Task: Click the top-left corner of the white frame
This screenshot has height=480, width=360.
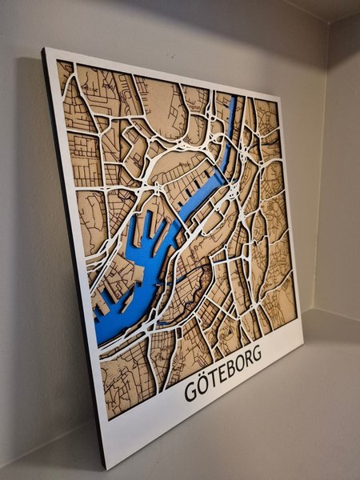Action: tap(46, 50)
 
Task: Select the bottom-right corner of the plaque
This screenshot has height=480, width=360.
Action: tap(303, 346)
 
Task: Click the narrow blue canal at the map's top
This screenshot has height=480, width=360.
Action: tap(231, 120)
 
